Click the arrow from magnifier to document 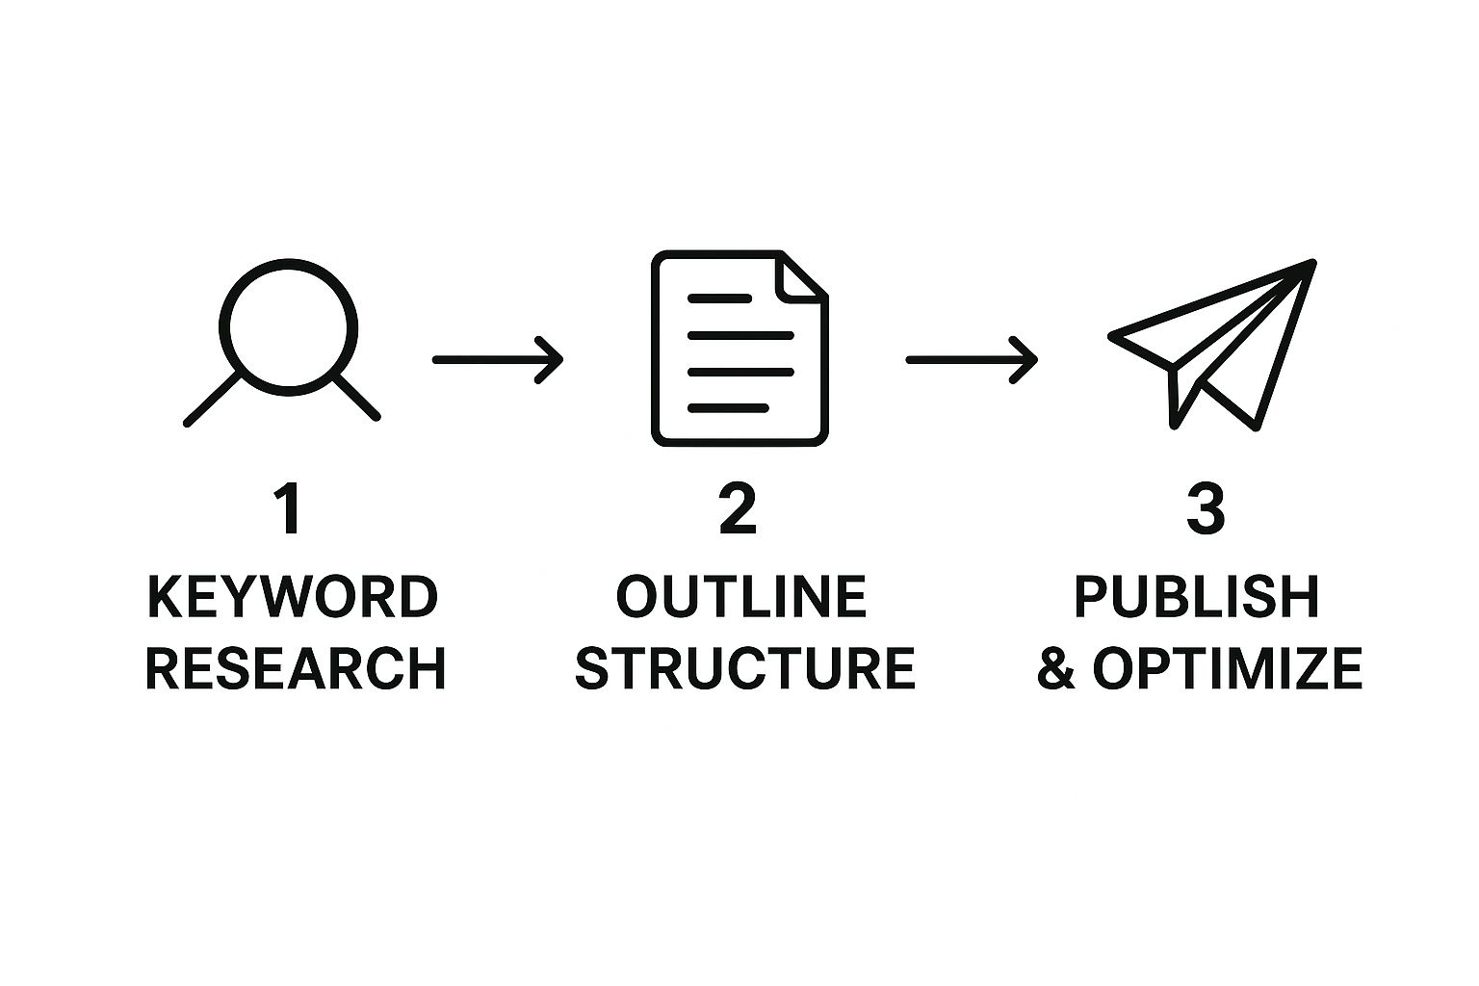(x=498, y=360)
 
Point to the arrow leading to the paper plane (x=972, y=360)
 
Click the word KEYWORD (x=293, y=597)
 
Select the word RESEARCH (x=296, y=668)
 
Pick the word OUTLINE (x=740, y=597)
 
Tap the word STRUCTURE (x=745, y=668)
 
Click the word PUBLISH (x=1197, y=597)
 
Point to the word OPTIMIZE (x=1228, y=668)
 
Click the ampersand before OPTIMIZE (x=1056, y=668)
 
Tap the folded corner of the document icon (x=801, y=277)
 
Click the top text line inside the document (x=719, y=298)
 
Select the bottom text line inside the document (x=728, y=408)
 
